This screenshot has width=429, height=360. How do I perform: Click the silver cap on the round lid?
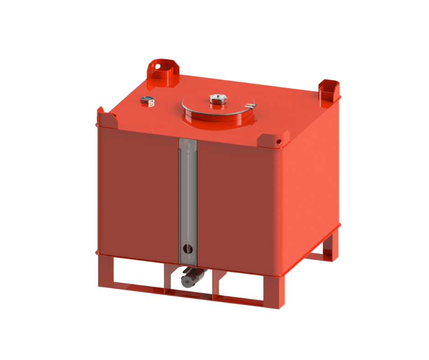point(217,99)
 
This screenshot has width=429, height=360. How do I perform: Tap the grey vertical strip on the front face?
point(187,196)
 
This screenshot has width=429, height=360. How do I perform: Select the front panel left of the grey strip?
point(137,192)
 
